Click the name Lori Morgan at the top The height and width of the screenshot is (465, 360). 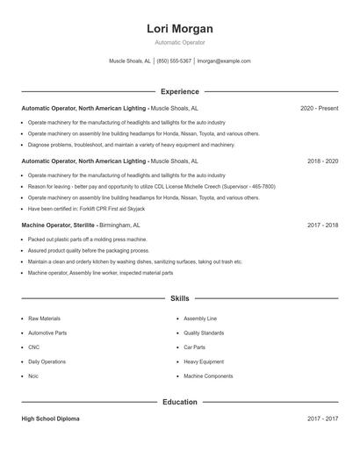click(x=179, y=29)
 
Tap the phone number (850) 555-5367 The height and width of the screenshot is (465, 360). click(x=175, y=61)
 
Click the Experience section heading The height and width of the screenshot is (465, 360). click(x=179, y=91)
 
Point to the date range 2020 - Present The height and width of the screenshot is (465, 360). click(x=319, y=109)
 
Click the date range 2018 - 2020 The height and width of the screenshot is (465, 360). click(x=322, y=161)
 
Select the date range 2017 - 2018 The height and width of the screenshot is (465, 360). click(x=322, y=225)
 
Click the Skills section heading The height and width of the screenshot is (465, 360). click(x=179, y=299)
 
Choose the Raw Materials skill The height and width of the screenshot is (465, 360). click(x=44, y=318)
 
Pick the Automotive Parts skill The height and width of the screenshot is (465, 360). click(x=47, y=333)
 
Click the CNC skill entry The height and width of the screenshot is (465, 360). click(x=33, y=347)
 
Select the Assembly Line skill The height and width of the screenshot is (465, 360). click(x=200, y=318)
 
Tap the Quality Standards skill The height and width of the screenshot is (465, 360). click(x=204, y=333)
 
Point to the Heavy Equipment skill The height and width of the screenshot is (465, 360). click(x=203, y=361)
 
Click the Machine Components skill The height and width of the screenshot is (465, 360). click(x=208, y=376)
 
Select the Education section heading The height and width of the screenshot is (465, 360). click(x=179, y=402)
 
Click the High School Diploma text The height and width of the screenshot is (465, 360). click(x=50, y=419)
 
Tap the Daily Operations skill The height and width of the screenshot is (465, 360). click(x=47, y=361)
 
